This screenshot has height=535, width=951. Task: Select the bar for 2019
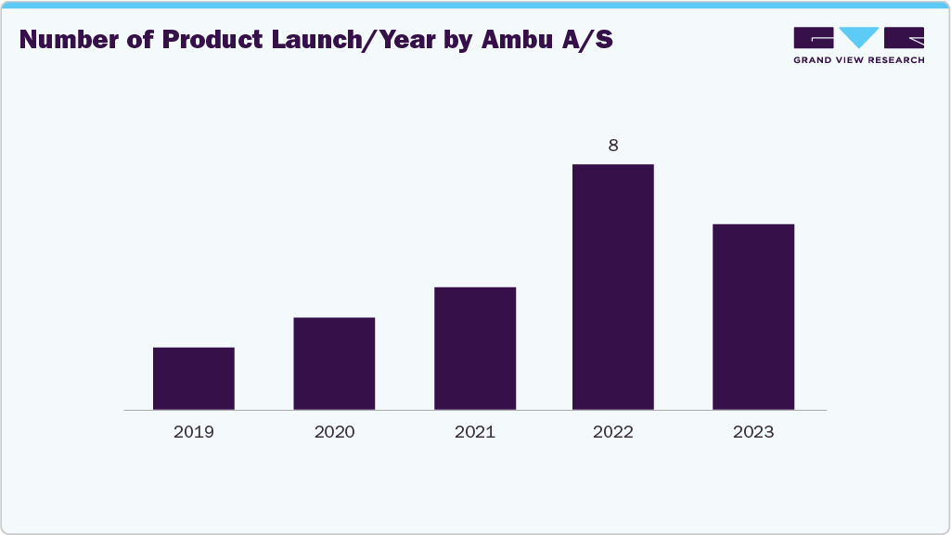click(193, 378)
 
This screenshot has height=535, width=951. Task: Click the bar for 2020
click(334, 363)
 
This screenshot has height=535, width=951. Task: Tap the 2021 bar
click(475, 349)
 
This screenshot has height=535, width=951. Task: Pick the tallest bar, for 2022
click(613, 287)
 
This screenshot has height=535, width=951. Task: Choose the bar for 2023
click(753, 316)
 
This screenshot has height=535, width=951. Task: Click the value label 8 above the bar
click(613, 146)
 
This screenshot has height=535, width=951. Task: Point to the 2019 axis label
click(193, 432)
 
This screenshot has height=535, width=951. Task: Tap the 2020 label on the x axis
click(334, 432)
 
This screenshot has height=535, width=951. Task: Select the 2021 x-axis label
click(475, 432)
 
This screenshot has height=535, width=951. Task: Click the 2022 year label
click(613, 432)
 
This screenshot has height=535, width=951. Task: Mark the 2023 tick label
click(753, 432)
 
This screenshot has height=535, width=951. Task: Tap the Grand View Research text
click(858, 60)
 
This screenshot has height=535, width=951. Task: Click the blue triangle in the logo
click(858, 36)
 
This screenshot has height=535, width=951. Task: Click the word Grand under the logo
click(814, 60)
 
